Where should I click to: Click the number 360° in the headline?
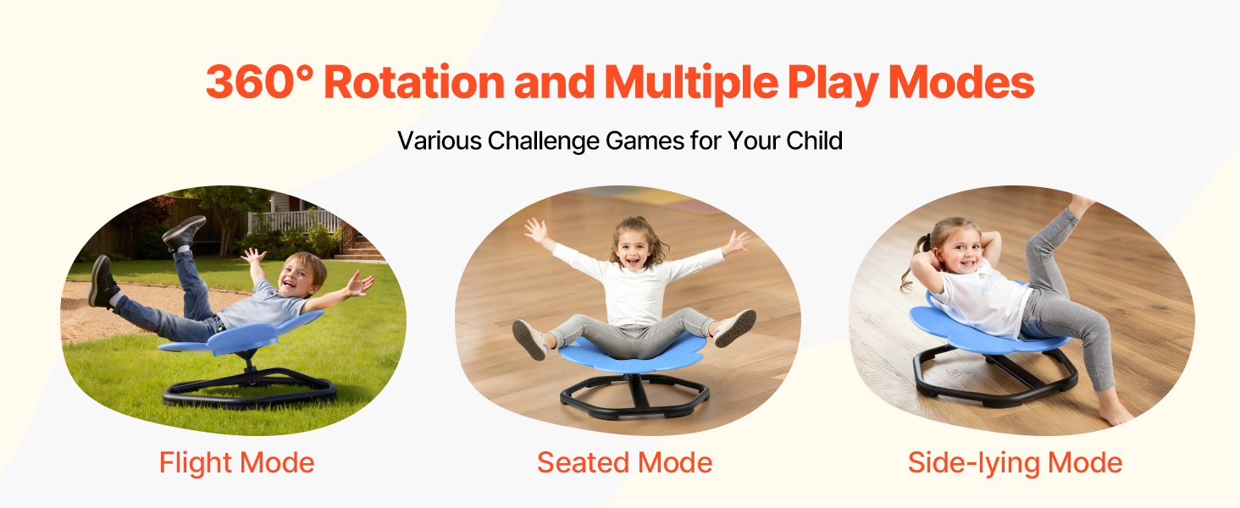(x=259, y=82)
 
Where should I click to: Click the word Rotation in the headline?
(x=414, y=82)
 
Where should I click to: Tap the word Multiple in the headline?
(x=691, y=82)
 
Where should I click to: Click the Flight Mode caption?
(x=237, y=462)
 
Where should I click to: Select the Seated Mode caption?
(x=624, y=462)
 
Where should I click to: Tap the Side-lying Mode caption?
(x=1015, y=463)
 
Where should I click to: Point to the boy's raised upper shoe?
(x=185, y=233)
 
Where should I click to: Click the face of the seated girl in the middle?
(x=632, y=249)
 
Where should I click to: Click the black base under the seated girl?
(x=635, y=396)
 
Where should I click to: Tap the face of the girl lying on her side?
(x=963, y=252)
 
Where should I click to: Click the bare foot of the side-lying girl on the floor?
(x=1115, y=412)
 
